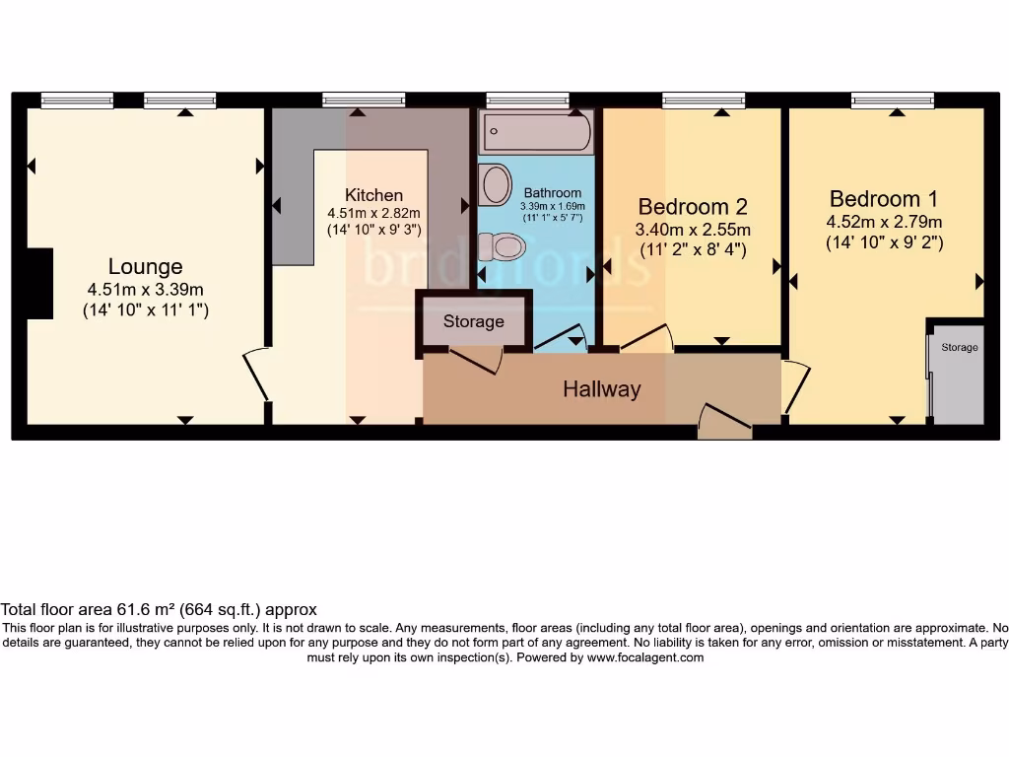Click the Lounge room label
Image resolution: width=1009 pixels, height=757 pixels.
(145, 266)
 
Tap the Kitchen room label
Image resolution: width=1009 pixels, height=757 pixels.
(373, 194)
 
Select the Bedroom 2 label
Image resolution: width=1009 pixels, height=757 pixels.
(692, 206)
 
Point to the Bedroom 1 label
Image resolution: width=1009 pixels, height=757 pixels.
(884, 198)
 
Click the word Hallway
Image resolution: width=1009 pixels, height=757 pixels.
(601, 389)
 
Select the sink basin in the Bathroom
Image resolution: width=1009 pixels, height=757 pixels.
(495, 184)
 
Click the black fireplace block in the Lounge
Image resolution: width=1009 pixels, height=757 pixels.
(38, 284)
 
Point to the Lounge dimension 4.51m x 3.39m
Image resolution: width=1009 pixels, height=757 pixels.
(145, 289)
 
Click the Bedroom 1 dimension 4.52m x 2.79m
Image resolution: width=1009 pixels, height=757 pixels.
(884, 221)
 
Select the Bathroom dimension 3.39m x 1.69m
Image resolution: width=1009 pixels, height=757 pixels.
(553, 206)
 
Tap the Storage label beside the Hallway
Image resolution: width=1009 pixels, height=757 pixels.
(473, 321)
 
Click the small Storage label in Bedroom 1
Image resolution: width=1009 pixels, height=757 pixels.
(959, 348)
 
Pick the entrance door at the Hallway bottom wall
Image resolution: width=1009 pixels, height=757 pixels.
(723, 421)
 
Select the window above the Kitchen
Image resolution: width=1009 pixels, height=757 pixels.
(364, 99)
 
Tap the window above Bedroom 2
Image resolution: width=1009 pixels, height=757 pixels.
(704, 99)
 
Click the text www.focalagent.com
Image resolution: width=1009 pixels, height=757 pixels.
(644, 657)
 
